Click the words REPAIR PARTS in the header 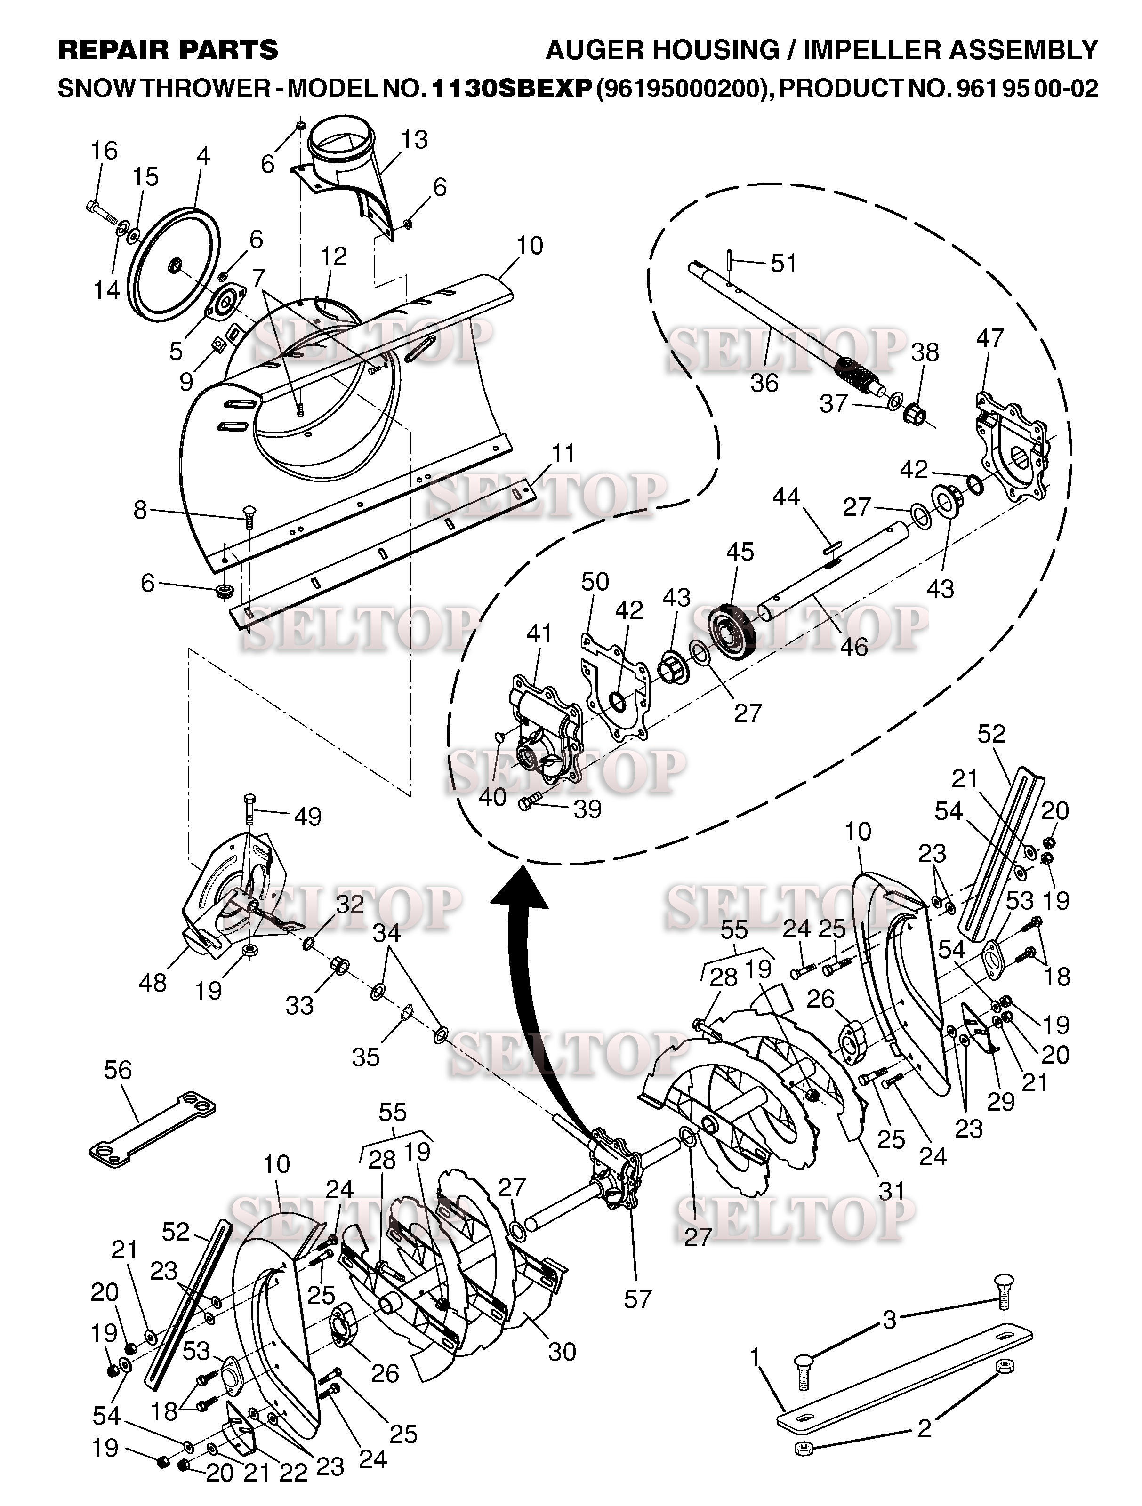(168, 50)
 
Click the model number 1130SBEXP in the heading (511, 88)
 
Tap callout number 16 (104, 151)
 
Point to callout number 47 (989, 338)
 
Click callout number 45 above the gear (740, 552)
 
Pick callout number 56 (117, 1070)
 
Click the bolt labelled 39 (530, 803)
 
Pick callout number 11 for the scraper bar (563, 453)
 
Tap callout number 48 (153, 983)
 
